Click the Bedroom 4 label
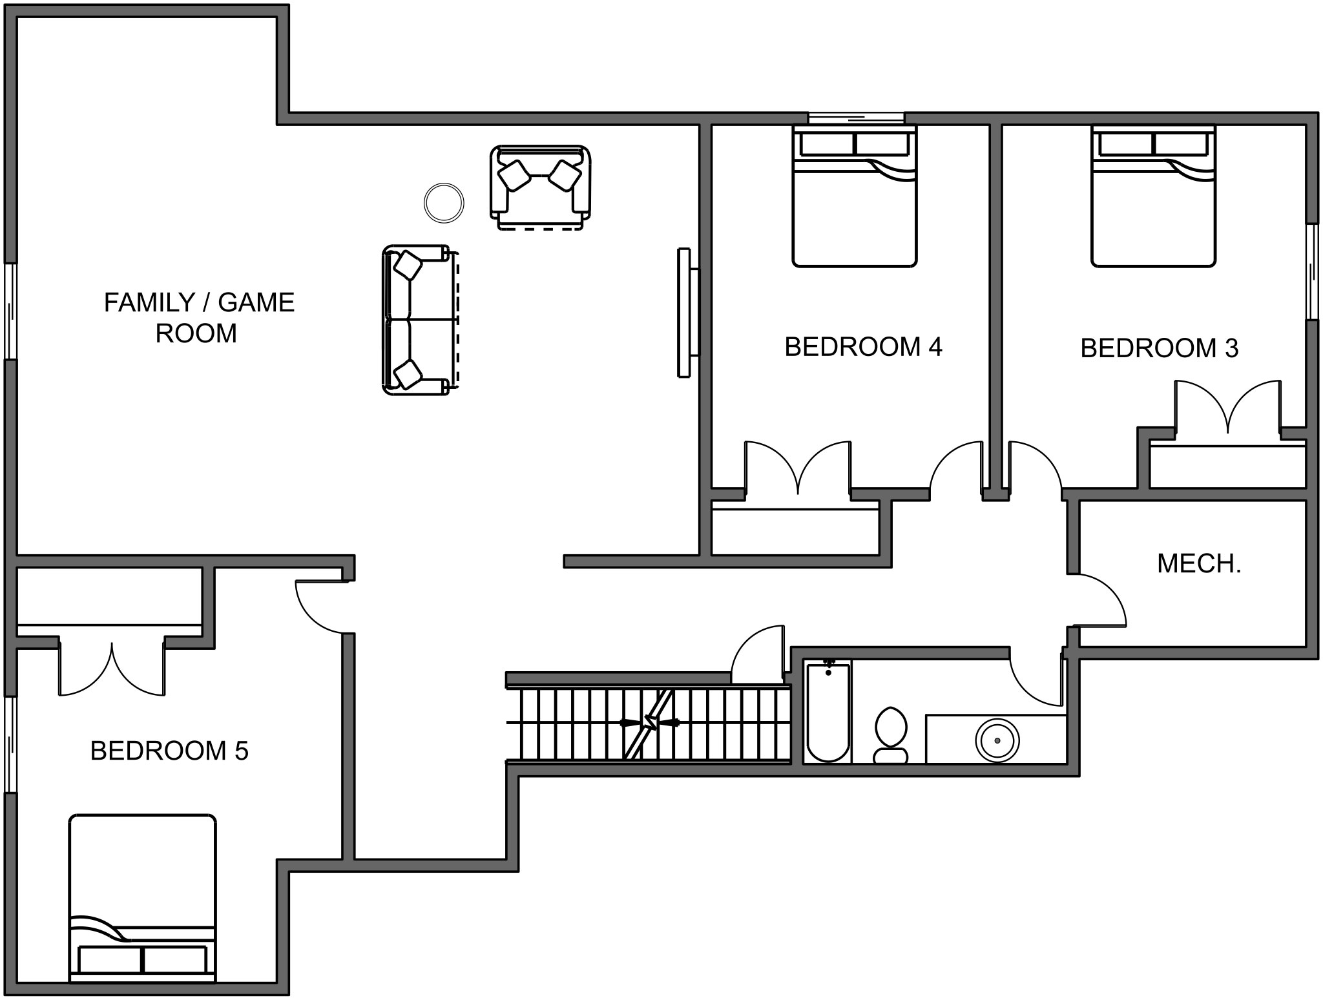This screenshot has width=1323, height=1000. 863,347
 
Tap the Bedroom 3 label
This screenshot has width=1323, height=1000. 1160,348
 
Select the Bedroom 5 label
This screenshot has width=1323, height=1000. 169,751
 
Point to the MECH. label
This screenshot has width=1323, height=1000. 1199,564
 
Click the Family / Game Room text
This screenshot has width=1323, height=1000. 199,317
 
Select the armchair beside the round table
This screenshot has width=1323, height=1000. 541,187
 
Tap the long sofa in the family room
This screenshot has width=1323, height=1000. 421,320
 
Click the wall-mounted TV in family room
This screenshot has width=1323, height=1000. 687,312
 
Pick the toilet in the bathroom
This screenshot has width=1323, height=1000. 891,736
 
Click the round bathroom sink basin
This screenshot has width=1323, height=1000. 997,740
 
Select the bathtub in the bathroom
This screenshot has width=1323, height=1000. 828,711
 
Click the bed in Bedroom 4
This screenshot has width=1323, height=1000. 855,196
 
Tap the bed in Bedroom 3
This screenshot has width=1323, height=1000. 1154,196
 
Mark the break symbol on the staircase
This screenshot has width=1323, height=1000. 649,723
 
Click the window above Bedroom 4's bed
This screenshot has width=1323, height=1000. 856,118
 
